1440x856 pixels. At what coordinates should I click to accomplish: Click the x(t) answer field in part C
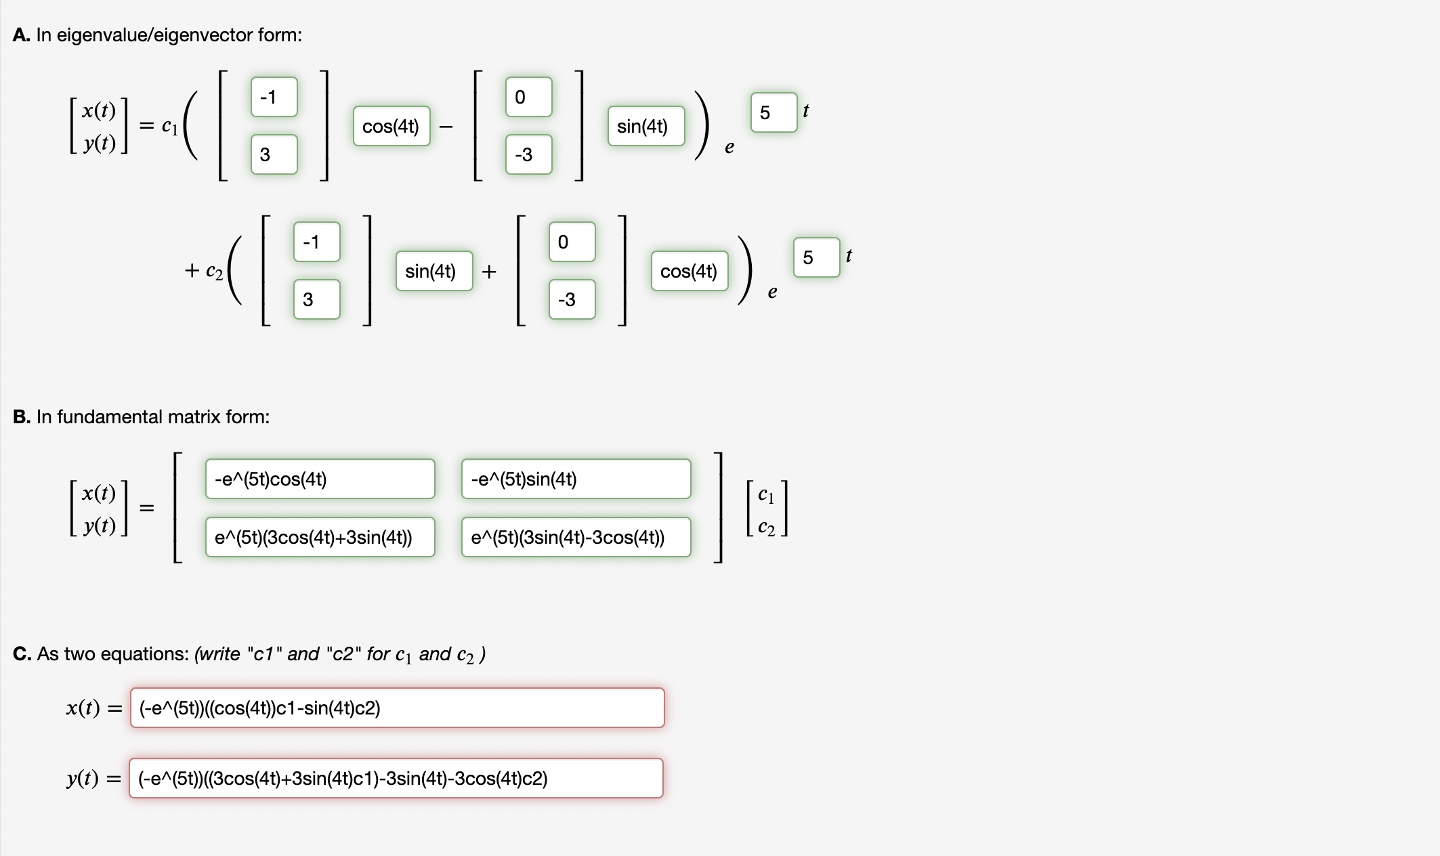pos(397,708)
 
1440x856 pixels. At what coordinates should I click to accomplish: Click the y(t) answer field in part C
pos(396,778)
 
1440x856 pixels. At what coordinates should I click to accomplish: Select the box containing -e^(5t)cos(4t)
pos(320,479)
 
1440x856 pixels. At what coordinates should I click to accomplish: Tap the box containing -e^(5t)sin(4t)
pos(576,479)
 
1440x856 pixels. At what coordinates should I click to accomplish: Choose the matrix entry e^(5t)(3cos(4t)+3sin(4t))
pos(320,537)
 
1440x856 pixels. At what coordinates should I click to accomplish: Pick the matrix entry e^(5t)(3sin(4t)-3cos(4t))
pos(576,537)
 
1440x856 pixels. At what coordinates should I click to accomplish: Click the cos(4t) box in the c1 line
pos(391,126)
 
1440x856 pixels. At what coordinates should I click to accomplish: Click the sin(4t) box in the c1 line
pos(645,126)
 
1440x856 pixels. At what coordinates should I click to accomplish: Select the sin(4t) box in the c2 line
pos(434,271)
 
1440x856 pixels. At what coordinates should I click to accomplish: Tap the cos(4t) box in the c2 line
pos(689,271)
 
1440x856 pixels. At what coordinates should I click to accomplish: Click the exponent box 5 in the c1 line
pos(774,112)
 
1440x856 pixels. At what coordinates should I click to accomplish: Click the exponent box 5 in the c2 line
pos(816,257)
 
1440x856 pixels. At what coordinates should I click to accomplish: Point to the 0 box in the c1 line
pos(528,97)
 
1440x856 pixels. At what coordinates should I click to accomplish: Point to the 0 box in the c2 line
pos(572,242)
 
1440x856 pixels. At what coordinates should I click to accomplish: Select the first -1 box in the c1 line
pos(274,97)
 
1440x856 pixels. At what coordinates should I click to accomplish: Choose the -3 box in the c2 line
pos(572,299)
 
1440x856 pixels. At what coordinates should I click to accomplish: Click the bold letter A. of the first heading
pos(21,35)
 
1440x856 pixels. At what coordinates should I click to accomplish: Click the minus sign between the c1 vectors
pos(446,127)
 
